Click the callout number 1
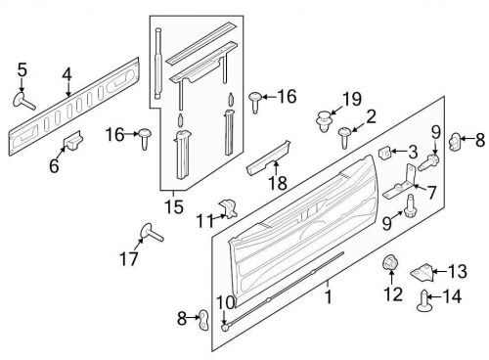pyautogui.click(x=328, y=294)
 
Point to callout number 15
pyautogui.click(x=173, y=206)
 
